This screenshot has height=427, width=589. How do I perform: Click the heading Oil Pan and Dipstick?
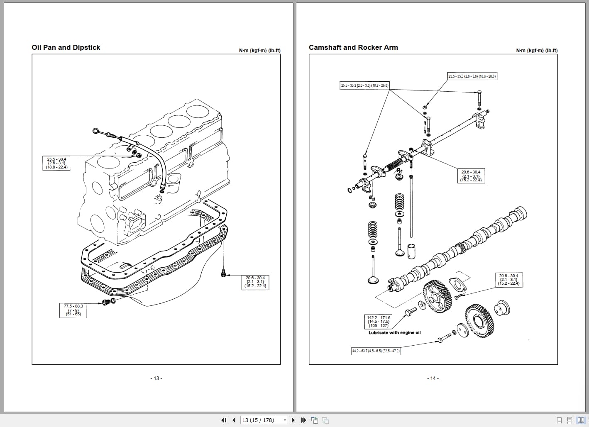(x=66, y=47)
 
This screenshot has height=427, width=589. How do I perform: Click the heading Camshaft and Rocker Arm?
(x=353, y=47)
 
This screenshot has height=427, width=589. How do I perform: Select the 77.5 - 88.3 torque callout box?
(x=73, y=310)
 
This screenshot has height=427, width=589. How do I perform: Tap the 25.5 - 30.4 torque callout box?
(x=56, y=163)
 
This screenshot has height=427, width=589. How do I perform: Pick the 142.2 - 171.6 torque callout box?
(x=379, y=322)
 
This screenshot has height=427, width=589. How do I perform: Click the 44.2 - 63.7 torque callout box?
(x=376, y=351)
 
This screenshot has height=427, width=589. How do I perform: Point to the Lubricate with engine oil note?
(x=394, y=332)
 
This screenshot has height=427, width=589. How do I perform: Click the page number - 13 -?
(x=156, y=378)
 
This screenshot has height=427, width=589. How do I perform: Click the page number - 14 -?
(x=433, y=378)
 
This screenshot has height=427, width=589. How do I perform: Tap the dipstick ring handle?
(x=96, y=131)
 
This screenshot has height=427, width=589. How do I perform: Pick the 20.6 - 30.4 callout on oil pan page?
(x=255, y=282)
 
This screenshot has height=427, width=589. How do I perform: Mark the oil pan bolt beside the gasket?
(x=224, y=273)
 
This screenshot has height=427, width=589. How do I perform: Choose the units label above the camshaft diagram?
(x=537, y=51)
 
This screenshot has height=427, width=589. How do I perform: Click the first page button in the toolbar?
(x=224, y=420)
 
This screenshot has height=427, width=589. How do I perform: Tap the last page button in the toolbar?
(x=303, y=420)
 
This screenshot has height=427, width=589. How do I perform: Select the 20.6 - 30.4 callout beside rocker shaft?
(x=471, y=176)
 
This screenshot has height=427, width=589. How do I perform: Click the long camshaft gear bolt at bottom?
(x=444, y=339)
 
